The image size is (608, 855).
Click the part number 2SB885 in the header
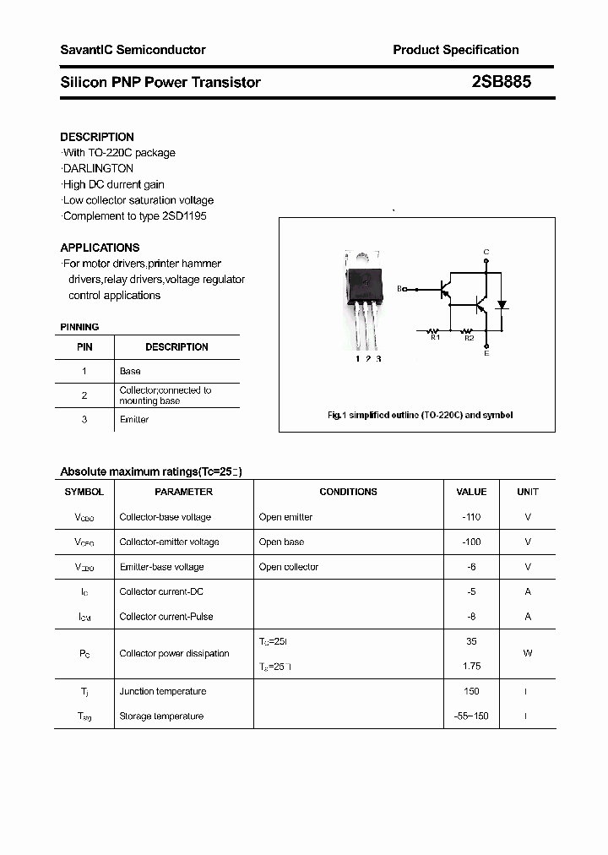(x=502, y=82)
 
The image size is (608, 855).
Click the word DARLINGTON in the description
(x=98, y=168)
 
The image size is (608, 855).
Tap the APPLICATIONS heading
(x=100, y=248)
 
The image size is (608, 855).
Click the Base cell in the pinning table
(x=130, y=371)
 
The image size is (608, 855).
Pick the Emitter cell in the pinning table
(x=134, y=420)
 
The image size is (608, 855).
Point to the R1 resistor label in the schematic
(x=435, y=338)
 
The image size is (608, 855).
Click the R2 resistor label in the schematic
(x=469, y=338)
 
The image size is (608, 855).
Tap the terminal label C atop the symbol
(x=486, y=252)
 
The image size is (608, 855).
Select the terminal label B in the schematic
(x=399, y=289)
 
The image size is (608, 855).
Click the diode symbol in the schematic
(x=502, y=304)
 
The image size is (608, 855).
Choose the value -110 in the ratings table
(x=471, y=517)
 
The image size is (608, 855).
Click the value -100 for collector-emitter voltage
(x=471, y=542)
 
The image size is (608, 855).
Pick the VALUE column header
(x=471, y=492)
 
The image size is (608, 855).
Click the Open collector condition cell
(x=289, y=567)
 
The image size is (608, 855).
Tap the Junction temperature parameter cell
(x=162, y=691)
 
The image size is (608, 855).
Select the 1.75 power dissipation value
(x=471, y=666)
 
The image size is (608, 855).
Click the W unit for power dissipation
(x=528, y=653)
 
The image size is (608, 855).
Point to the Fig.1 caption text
(x=420, y=415)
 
